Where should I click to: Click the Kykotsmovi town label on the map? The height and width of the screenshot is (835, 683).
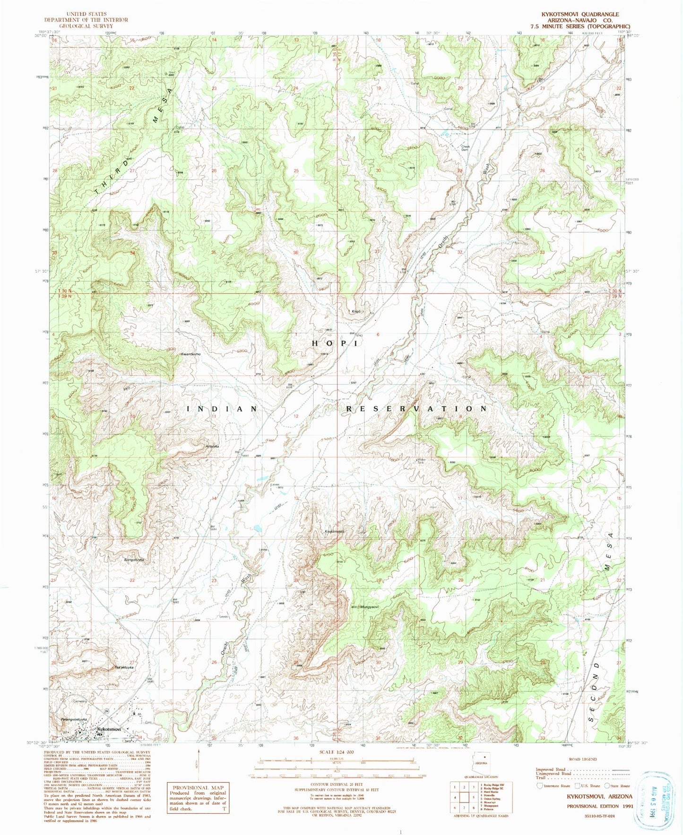[109, 730]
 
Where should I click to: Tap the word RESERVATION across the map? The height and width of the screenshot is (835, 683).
[416, 409]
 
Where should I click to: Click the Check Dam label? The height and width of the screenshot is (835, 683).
[465, 148]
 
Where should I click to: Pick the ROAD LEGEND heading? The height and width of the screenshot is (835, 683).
[582, 759]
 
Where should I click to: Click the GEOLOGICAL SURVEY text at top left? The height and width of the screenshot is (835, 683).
[86, 26]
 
